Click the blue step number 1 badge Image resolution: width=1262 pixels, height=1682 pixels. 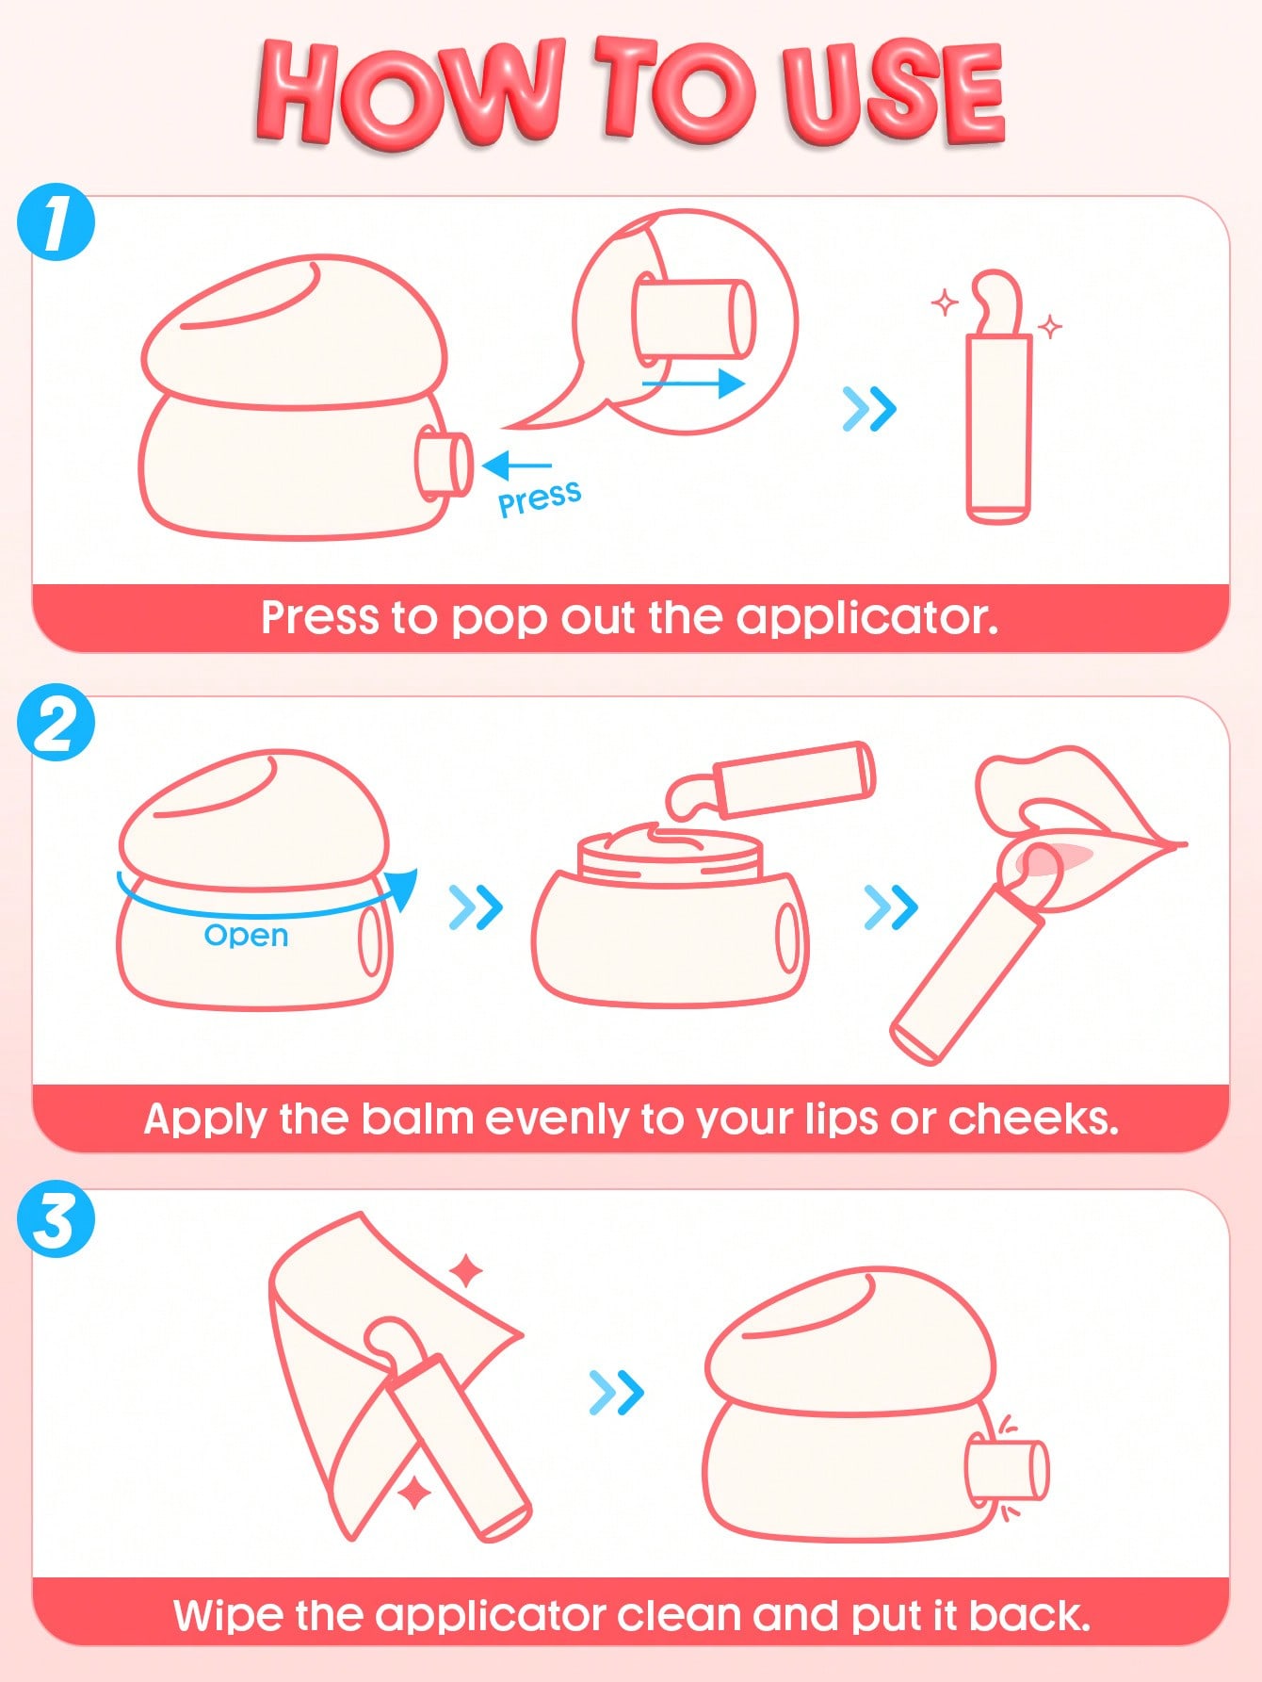57,223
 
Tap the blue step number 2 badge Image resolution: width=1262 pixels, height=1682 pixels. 57,725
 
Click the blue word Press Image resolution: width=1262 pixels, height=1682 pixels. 540,497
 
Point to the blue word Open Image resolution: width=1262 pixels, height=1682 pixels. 246,936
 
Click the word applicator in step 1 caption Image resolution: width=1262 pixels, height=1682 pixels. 866,619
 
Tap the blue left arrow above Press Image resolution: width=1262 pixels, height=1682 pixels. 517,465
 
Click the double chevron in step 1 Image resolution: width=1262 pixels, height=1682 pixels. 868,409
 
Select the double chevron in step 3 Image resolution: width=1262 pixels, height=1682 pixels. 616,1393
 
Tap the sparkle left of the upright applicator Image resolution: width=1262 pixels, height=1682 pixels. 946,303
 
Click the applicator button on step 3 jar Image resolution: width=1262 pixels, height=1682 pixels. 1007,1468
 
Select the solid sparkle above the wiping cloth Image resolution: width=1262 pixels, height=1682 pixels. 466,1272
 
